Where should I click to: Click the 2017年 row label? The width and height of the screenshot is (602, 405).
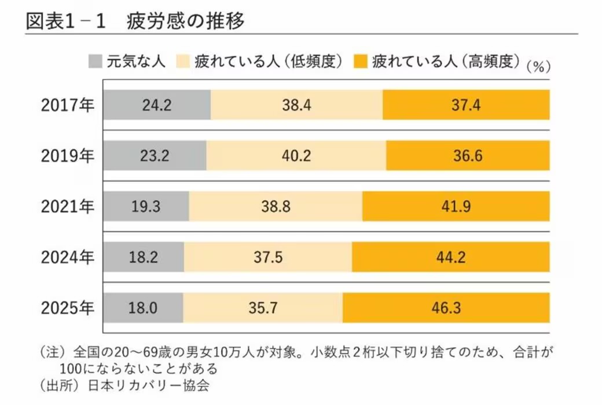coord(67,105)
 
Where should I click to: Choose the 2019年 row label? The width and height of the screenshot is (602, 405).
coord(67,156)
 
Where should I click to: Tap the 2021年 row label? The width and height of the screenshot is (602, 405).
coord(67,207)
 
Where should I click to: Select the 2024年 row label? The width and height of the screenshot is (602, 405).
coord(67,257)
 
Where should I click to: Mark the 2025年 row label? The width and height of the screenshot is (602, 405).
coord(67,308)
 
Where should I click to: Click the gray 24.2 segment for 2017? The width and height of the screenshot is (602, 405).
coord(157,105)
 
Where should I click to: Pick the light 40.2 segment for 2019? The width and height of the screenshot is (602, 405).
coord(296,156)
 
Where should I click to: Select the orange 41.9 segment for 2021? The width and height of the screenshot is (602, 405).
coord(456,207)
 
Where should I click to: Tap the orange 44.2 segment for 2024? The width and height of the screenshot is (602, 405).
coord(451,257)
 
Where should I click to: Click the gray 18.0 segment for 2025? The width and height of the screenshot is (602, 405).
coord(143,308)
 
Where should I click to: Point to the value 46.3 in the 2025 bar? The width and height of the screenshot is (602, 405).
coord(446,308)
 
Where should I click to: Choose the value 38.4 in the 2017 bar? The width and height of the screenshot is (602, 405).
coord(296,105)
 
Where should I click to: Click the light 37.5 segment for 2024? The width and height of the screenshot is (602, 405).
coord(268,257)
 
